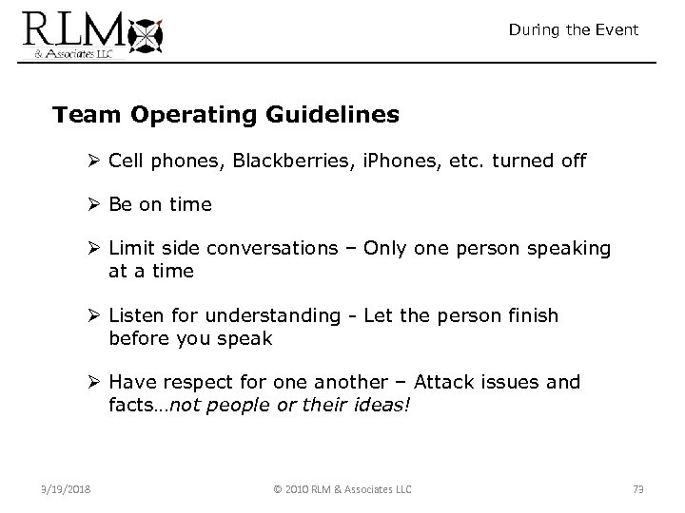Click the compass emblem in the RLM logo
pos(147,35)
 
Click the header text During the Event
pos(573,30)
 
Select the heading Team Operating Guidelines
pos(226,115)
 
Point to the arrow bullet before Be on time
pos(96,204)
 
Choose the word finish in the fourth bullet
pos(533,314)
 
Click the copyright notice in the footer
pos(342,489)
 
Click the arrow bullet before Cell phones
pos(96,161)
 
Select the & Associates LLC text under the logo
pos(68,53)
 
